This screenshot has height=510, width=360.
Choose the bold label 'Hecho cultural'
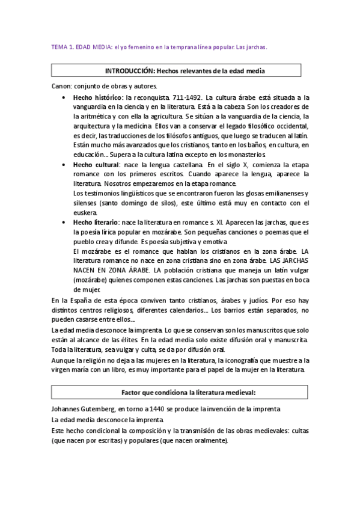point(96,164)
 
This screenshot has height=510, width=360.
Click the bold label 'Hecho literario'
point(96,222)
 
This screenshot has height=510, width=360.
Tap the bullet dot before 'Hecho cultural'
point(64,164)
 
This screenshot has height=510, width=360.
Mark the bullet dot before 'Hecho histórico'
point(64,97)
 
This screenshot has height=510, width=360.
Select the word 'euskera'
point(85,212)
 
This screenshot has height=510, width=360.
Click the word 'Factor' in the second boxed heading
point(135,392)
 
